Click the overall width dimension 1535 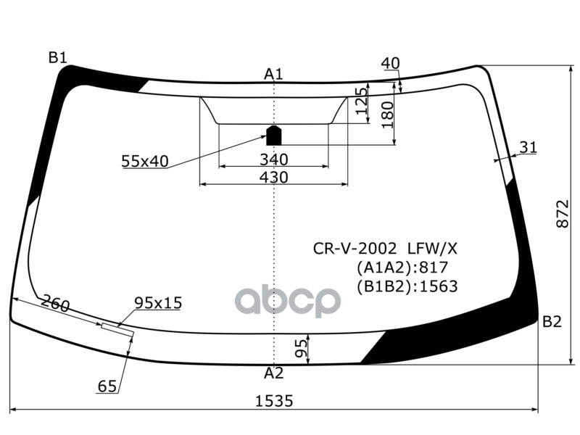[x=273, y=401]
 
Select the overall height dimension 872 [x=562, y=214]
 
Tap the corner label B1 [x=58, y=57]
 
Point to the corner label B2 [x=552, y=322]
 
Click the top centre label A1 [x=273, y=74]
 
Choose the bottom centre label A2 [x=273, y=373]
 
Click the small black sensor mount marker [x=273, y=135]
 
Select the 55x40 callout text [x=144, y=162]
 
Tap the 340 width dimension [x=273, y=159]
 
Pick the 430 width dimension [x=273, y=177]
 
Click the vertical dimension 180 [x=387, y=114]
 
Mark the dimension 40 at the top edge [x=390, y=64]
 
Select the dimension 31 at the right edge [x=529, y=148]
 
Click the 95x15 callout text [x=157, y=302]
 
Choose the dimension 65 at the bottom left [x=107, y=387]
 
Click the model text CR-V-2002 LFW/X [x=385, y=249]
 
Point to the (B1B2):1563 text [x=407, y=286]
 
